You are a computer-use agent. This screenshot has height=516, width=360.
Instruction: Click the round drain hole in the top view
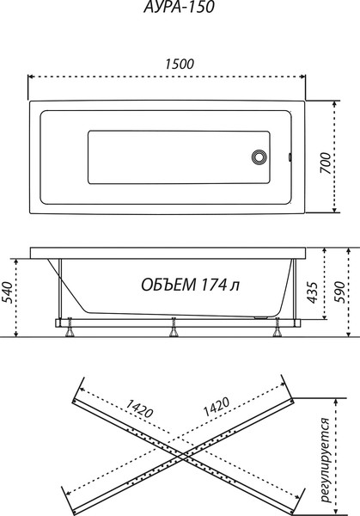(260, 157)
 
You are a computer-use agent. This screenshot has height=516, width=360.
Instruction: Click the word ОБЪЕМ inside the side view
(168, 285)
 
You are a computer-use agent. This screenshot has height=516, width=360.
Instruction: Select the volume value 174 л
(222, 285)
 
